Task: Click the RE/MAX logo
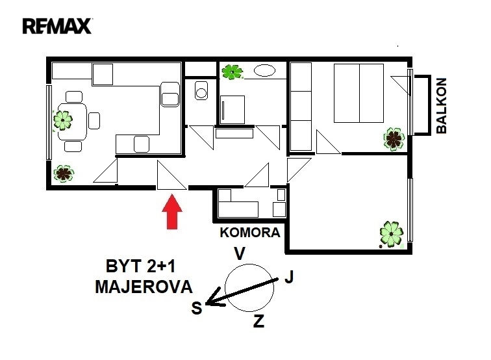pyautogui.click(x=57, y=26)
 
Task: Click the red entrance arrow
pyautogui.click(x=172, y=211)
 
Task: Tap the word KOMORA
pyautogui.click(x=250, y=233)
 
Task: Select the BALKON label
pyautogui.click(x=441, y=106)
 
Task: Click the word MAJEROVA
pyautogui.click(x=144, y=287)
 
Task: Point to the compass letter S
pyautogui.click(x=197, y=308)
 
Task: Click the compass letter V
pyautogui.click(x=240, y=253)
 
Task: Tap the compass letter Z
pyautogui.click(x=258, y=321)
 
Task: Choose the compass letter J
pyautogui.click(x=289, y=277)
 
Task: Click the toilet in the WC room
pyautogui.click(x=201, y=90)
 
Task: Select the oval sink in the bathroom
pyautogui.click(x=264, y=70)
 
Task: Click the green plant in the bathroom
pyautogui.click(x=232, y=72)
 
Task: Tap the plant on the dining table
pyautogui.click(x=62, y=120)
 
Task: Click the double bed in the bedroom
pyautogui.click(x=359, y=93)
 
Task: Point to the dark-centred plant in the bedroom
pyautogui.click(x=394, y=139)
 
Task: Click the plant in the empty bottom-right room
pyautogui.click(x=392, y=234)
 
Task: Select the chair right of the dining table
pyautogui.click(x=94, y=121)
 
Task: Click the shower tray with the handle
pyautogui.click(x=233, y=110)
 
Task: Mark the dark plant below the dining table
pyautogui.click(x=64, y=174)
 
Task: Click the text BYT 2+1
pyautogui.click(x=140, y=266)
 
